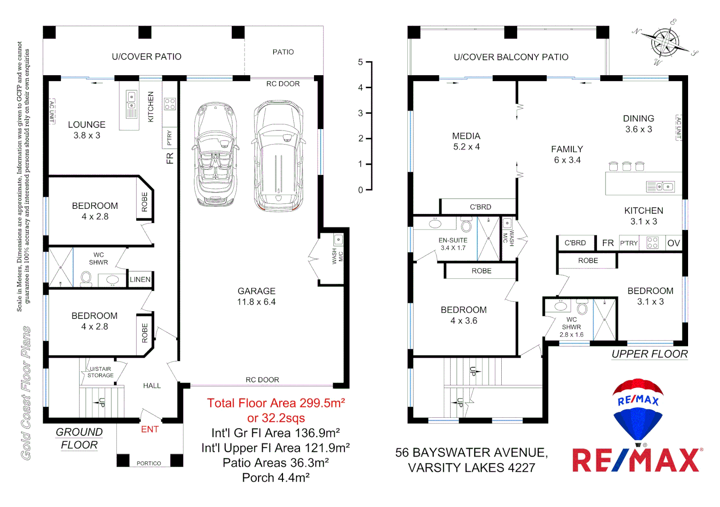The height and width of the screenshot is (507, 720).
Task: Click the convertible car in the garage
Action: (x=215, y=155)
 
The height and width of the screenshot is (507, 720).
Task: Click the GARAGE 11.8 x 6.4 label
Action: (x=256, y=297)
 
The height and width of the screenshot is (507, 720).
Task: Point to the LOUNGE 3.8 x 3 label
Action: (x=86, y=130)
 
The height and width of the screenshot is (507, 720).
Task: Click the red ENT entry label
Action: (x=150, y=429)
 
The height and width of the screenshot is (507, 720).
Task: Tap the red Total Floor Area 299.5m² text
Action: (x=276, y=403)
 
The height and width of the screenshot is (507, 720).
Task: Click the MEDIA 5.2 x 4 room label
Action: (x=466, y=141)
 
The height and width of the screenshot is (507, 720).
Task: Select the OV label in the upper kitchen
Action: (x=673, y=243)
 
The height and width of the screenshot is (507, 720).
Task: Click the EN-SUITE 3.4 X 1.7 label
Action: (x=453, y=244)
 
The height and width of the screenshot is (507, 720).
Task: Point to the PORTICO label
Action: (x=149, y=463)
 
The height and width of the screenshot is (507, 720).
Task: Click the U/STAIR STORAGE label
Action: (x=100, y=372)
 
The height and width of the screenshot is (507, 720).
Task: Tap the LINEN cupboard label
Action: (x=140, y=279)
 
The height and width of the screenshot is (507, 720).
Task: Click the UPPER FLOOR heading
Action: (x=650, y=354)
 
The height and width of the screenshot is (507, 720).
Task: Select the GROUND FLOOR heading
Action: (x=79, y=438)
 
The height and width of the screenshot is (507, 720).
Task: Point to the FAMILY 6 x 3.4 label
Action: (x=567, y=154)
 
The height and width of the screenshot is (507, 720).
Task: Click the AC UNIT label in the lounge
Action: (x=52, y=111)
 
